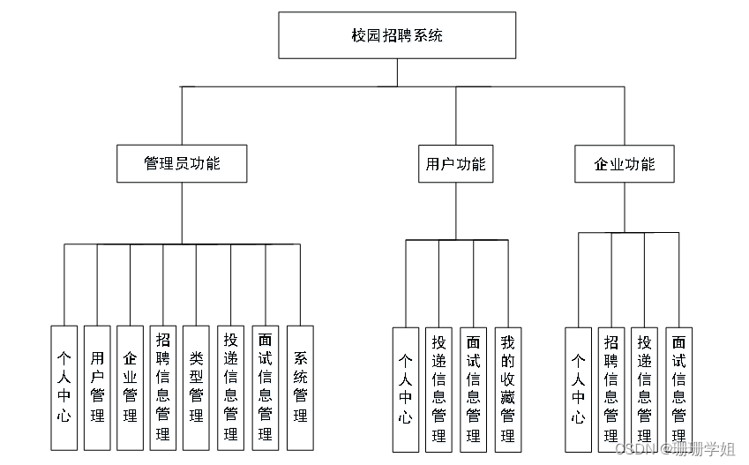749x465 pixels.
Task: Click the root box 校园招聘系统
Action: click(397, 36)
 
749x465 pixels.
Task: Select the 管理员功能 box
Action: click(182, 164)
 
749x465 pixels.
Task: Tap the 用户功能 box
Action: click(454, 164)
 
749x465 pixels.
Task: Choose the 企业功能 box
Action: click(625, 164)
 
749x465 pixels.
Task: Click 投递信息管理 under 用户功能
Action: click(438, 389)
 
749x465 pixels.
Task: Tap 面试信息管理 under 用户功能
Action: click(473, 389)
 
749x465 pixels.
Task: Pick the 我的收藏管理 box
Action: click(507, 389)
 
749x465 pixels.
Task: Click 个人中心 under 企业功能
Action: click(578, 389)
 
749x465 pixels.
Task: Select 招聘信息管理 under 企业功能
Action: click(610, 389)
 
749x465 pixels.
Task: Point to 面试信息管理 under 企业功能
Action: click(678, 389)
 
